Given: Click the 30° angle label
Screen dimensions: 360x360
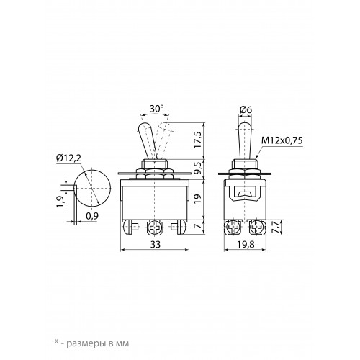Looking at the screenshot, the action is pyautogui.click(x=156, y=109).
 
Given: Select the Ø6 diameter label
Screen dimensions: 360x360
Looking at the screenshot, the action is pyautogui.click(x=246, y=110).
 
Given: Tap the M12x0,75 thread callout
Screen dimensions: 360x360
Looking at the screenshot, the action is pyautogui.click(x=282, y=140).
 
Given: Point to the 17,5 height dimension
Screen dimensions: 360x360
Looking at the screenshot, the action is pyautogui.click(x=198, y=140).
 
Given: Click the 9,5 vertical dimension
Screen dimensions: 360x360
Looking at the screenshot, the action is pyautogui.click(x=198, y=170).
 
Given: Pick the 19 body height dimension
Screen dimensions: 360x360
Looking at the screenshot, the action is pyautogui.click(x=198, y=199).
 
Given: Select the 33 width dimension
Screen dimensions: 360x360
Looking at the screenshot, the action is pyautogui.click(x=156, y=244).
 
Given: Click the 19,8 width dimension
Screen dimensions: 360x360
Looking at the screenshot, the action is pyautogui.click(x=246, y=244).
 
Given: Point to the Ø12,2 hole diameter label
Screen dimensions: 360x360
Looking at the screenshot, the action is pyautogui.click(x=68, y=158).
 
